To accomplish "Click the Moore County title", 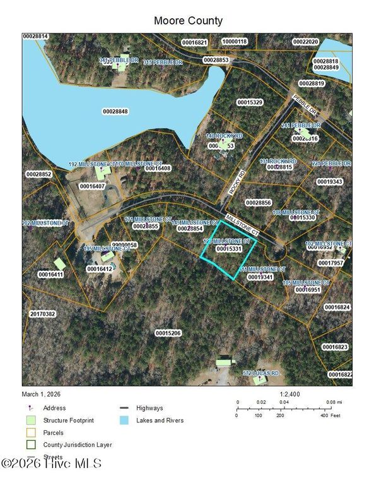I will click(x=188, y=21).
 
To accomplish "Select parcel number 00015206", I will click(x=168, y=332).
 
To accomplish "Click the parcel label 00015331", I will click(x=229, y=249).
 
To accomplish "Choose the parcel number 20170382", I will click(x=42, y=313).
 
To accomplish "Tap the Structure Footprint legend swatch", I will click(x=30, y=421).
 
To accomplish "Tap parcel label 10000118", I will click(x=234, y=42).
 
